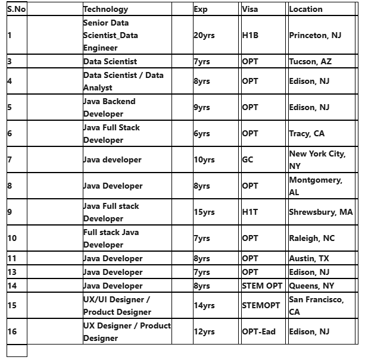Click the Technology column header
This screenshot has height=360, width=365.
(x=105, y=9)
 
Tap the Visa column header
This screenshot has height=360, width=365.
(x=250, y=9)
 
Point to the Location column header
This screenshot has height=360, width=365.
(x=305, y=9)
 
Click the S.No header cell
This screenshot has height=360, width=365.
(x=17, y=9)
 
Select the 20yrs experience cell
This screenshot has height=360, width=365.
(x=204, y=35)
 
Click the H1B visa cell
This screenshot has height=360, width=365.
(x=250, y=35)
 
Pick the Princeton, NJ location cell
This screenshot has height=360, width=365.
(x=315, y=35)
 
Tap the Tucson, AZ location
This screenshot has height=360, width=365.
(x=310, y=61)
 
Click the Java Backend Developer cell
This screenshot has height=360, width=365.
(x=110, y=107)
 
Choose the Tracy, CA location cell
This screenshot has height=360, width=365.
(x=307, y=133)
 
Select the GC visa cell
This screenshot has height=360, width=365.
(x=248, y=159)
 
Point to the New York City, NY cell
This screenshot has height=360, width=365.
(x=317, y=159)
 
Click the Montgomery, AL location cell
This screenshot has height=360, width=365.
(x=315, y=186)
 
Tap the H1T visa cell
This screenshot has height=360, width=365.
(x=250, y=212)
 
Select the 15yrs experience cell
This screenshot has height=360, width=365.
(x=204, y=212)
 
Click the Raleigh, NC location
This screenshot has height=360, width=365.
(x=311, y=238)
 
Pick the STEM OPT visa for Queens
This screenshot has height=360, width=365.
(x=262, y=286)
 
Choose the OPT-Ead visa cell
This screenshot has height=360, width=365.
(x=258, y=331)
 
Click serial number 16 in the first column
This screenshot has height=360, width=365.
(x=13, y=331)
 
